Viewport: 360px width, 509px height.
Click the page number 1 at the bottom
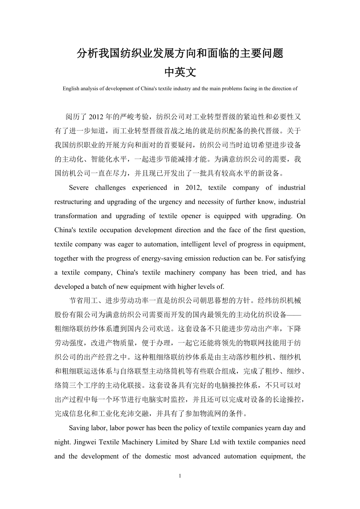pos(180,476)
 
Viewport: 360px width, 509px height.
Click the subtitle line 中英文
pos(180,72)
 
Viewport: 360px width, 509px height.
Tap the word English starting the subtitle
pos(71,88)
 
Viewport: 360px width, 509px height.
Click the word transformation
pos(74,216)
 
